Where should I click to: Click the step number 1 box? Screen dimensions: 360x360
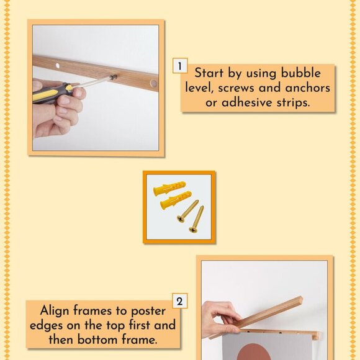click(x=180, y=66)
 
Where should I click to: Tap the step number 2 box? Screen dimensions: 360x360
click(x=180, y=301)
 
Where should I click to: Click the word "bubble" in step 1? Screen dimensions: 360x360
click(x=301, y=73)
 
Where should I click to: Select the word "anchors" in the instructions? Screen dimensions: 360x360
click(x=308, y=88)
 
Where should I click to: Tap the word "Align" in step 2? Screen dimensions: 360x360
click(x=54, y=312)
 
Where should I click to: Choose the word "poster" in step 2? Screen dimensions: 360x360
click(x=148, y=312)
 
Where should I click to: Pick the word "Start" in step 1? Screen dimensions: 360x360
click(x=209, y=73)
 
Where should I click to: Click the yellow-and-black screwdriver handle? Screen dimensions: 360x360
click(x=52, y=93)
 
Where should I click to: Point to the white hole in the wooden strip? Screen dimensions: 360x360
click(x=57, y=66)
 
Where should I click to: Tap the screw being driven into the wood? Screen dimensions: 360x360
click(x=114, y=78)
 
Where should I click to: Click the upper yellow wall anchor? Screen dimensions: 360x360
click(x=169, y=188)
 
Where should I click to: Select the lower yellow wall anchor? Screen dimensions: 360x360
click(x=176, y=200)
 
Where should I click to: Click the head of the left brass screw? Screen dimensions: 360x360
click(x=181, y=219)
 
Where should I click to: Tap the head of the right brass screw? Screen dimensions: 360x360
click(x=193, y=230)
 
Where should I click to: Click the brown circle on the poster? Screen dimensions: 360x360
click(x=253, y=352)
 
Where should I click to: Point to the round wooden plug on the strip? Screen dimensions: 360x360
click(x=153, y=83)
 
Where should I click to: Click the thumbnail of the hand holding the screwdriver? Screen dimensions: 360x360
click(x=96, y=88)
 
